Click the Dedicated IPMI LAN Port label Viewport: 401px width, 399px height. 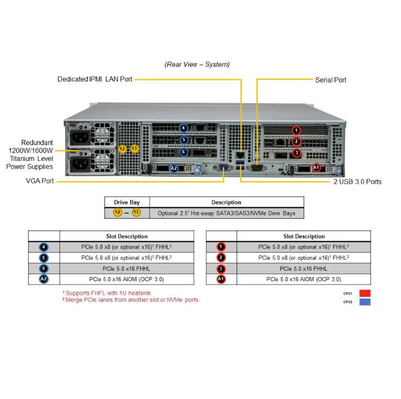tap(95, 79)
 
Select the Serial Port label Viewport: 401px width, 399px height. tap(331, 80)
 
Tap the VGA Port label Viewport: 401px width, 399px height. tap(40, 181)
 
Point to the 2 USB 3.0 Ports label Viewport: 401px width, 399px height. tap(357, 182)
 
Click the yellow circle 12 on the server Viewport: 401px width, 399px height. tap(122, 149)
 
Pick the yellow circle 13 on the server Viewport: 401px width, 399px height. tap(135, 149)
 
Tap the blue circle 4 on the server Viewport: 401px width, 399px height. tap(184, 128)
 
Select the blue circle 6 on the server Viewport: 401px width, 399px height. tap(184, 152)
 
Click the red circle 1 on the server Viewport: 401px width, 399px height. tap(297, 130)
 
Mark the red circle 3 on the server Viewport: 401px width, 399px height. tap(297, 153)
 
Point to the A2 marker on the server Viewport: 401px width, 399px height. tap(175, 168)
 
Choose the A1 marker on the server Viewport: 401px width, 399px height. tap(316, 168)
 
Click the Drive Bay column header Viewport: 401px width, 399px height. tap(127, 202)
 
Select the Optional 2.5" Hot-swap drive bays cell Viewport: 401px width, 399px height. tap(226, 213)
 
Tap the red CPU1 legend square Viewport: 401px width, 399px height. tap(365, 293)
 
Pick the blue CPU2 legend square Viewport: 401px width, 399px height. tap(365, 302)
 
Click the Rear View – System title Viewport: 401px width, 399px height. tap(197, 65)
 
